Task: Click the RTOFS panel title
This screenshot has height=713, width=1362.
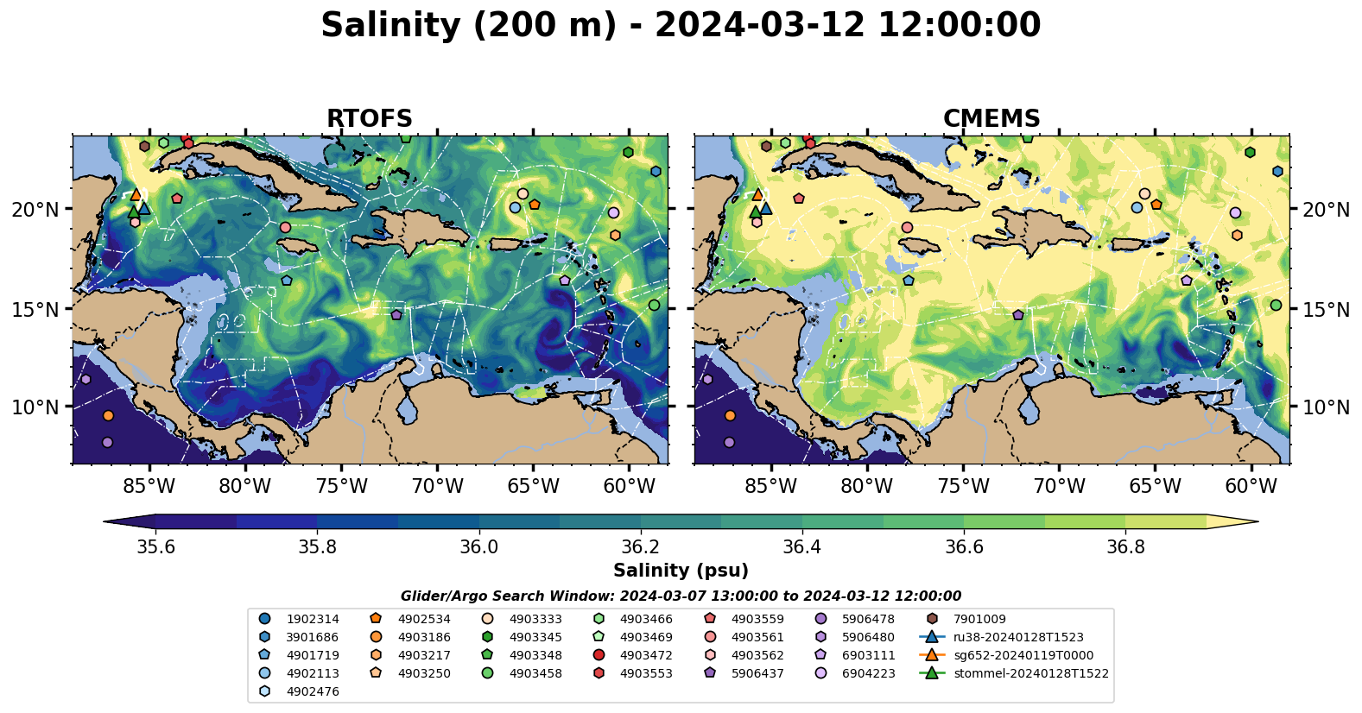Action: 369,118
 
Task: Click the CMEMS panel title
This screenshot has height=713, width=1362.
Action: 991,118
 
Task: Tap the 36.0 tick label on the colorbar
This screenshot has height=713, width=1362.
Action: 478,547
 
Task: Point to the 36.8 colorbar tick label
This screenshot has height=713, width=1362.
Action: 1125,547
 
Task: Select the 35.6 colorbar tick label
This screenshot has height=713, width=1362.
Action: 155,547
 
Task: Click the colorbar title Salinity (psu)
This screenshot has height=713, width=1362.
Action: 681,571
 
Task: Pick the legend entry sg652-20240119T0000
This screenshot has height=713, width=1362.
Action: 1023,655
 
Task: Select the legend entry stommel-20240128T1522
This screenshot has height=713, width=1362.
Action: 1030,673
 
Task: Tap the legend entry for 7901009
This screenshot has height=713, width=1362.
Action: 979,619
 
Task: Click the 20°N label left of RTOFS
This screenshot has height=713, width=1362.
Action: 35,210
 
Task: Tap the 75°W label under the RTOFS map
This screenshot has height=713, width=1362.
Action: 341,486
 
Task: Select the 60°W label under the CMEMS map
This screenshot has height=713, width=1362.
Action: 1251,486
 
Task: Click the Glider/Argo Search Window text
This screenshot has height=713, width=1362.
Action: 681,596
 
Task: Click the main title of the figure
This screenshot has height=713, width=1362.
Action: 681,25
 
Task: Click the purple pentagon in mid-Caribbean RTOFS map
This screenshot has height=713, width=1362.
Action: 396,315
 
